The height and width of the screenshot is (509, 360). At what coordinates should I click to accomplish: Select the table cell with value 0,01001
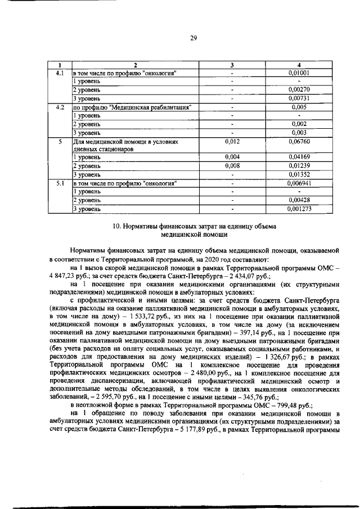[x=299, y=73]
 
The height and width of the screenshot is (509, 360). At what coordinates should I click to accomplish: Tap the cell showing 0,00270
[x=299, y=89]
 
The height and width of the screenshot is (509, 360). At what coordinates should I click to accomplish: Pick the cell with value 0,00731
[x=299, y=98]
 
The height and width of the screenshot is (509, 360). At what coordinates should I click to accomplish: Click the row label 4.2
[x=60, y=106]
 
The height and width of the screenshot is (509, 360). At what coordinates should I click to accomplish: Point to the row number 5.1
[x=60, y=183]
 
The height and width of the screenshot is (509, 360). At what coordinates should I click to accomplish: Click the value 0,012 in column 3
[x=232, y=142]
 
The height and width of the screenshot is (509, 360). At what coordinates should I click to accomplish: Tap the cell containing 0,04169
[x=299, y=158]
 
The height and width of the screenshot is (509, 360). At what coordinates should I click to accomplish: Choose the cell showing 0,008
[x=232, y=166]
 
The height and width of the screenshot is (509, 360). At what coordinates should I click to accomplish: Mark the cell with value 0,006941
[x=299, y=183]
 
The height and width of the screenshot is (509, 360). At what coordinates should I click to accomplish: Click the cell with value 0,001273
[x=299, y=209]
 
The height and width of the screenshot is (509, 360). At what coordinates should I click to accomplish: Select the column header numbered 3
[x=232, y=65]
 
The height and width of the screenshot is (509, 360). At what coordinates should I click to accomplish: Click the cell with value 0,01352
[x=299, y=175]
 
